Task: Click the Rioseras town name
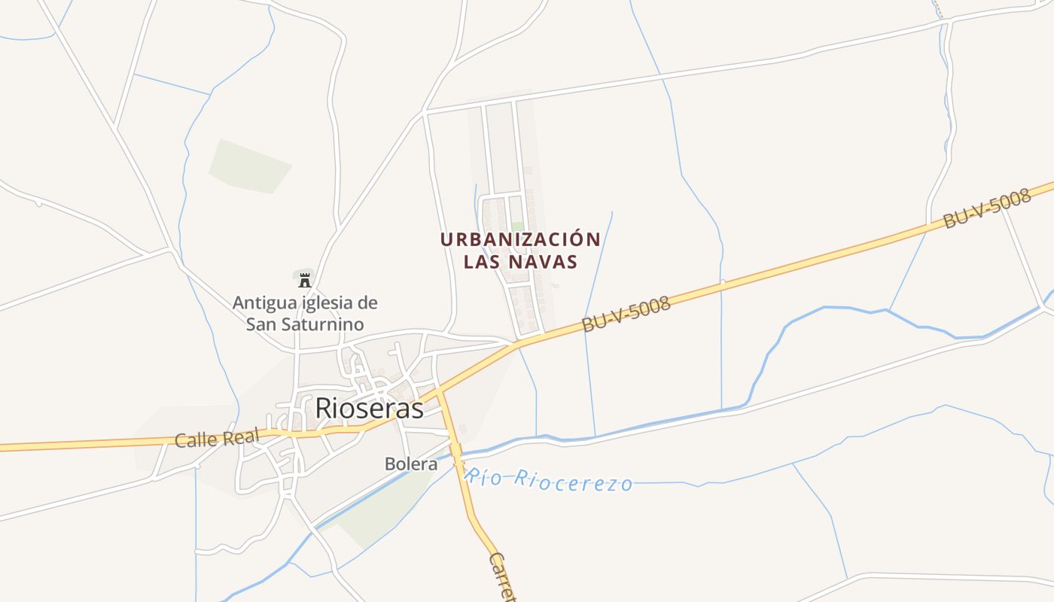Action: click(x=369, y=407)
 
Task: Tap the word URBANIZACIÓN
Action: click(x=520, y=240)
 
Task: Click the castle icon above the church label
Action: click(x=304, y=281)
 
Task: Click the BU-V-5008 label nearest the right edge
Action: click(x=986, y=209)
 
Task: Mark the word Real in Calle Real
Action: click(x=240, y=436)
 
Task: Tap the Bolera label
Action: click(x=411, y=464)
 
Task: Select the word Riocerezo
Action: click(x=574, y=482)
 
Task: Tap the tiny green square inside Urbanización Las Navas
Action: click(x=517, y=226)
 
